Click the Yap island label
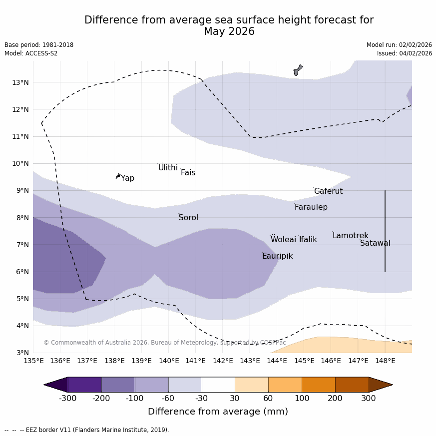point(127,178)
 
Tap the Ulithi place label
point(168,168)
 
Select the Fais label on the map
point(188,173)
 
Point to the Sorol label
point(188,218)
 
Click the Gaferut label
point(328,191)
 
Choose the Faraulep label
point(311,207)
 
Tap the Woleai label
point(283,240)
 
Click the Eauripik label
point(277,256)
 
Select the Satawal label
point(375,243)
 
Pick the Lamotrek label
point(350,236)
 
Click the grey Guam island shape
point(298,70)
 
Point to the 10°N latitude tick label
point(20,163)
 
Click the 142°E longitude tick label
point(223,361)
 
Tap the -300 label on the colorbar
point(68,398)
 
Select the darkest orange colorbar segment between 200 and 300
point(352,385)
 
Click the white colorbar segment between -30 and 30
point(218,385)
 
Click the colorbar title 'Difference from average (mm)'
point(218,412)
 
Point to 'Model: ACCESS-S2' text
point(31,53)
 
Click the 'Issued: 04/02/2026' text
point(405,53)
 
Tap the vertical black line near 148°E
point(385,231)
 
